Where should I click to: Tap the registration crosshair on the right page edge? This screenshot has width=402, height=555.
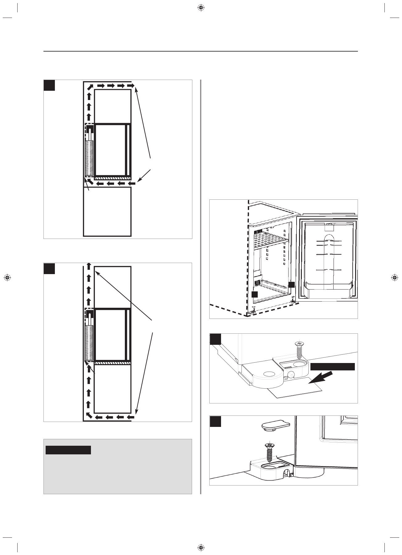[x=394, y=277]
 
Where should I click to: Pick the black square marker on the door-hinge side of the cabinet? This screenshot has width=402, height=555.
[x=291, y=285]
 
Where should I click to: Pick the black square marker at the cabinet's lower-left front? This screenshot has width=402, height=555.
[x=254, y=294]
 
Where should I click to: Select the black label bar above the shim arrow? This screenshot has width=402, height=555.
[x=332, y=366]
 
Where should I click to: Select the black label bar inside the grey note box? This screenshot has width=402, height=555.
[x=68, y=450]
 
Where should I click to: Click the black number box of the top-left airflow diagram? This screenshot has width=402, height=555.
[x=49, y=85]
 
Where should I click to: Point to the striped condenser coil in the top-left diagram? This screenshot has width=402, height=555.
[x=89, y=157]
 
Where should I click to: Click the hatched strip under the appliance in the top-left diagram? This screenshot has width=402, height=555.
[x=113, y=178]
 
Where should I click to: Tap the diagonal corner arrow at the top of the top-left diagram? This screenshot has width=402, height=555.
[x=89, y=87]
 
